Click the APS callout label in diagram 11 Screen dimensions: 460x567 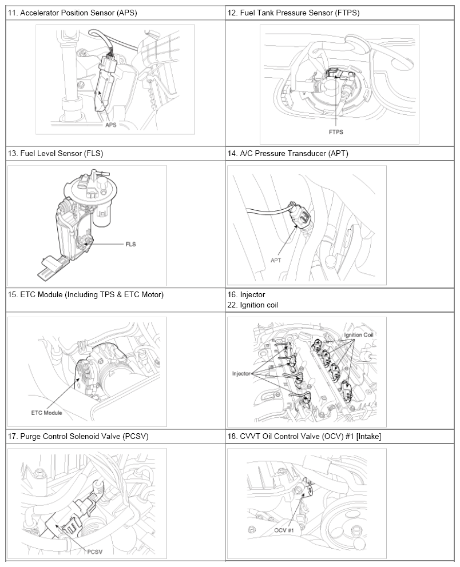[111, 125]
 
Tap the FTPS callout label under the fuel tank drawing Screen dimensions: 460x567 [336, 132]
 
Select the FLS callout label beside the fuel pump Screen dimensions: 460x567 [130, 244]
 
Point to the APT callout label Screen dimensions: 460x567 [276, 260]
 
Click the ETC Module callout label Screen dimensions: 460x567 [47, 413]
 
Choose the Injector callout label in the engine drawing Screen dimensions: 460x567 [241, 374]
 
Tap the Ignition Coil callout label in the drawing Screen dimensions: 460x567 [358, 335]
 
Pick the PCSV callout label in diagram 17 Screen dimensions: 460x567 [95, 552]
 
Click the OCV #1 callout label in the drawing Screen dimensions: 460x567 [283, 530]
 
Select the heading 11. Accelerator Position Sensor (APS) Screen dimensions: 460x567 [73, 13]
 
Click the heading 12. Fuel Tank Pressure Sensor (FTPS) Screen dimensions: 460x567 [294, 13]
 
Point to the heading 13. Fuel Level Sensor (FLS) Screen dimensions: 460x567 [55, 153]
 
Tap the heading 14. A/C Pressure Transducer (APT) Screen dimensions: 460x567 [288, 153]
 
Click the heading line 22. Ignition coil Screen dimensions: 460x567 [253, 305]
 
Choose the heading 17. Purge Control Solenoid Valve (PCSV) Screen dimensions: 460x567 [78, 436]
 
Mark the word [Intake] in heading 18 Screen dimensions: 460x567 [368, 436]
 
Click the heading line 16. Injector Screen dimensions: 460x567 [246, 294]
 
